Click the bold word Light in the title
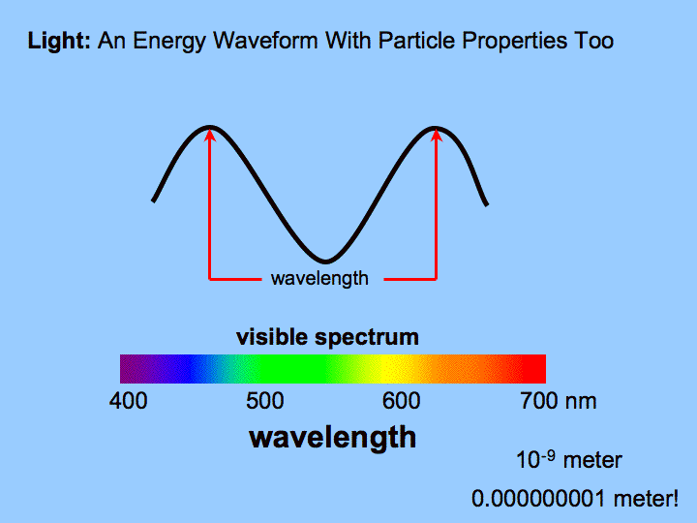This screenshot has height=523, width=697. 59,42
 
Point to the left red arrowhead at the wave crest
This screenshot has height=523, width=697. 210,135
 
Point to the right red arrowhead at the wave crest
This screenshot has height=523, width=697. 436,135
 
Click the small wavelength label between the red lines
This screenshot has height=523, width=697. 319,279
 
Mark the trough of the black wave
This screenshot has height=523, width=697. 325,261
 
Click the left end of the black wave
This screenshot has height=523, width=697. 154,200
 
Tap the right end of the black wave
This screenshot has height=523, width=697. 486,203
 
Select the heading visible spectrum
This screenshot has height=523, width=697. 327,337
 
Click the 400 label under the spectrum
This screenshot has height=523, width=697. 128,401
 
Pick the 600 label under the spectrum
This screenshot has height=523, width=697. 402,401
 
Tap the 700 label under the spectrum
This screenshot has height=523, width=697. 538,401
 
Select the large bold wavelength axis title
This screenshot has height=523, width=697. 332,437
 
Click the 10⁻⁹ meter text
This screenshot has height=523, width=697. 569,459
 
